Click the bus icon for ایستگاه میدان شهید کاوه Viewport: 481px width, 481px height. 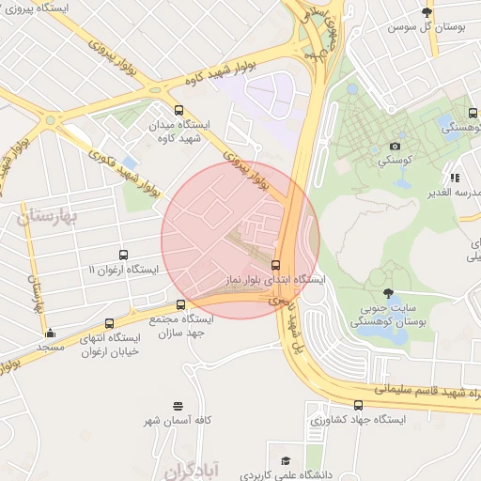(179, 110)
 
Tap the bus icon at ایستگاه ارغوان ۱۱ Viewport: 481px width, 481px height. (123, 255)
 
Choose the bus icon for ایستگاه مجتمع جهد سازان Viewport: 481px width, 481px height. (181, 304)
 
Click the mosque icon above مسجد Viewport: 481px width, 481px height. (50, 333)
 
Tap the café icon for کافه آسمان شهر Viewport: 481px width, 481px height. (178, 406)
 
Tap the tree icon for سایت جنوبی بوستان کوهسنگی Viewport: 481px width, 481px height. (389, 293)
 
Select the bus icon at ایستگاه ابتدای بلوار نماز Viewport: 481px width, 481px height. (275, 265)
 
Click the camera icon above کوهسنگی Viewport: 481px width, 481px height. (395, 146)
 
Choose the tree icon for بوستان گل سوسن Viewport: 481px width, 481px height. (427, 12)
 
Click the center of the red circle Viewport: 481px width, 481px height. (240, 240)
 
